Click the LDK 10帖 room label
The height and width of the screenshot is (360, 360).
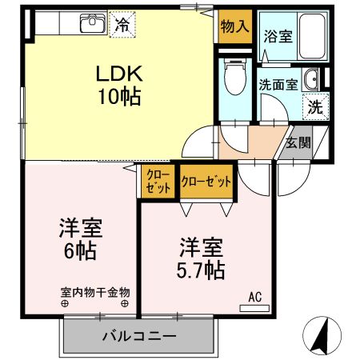120,86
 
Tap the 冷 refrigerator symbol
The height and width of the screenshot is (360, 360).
122,24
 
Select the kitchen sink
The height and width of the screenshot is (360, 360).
92,23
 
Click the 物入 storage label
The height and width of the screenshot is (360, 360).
235,26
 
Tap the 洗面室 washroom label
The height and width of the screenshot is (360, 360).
277,82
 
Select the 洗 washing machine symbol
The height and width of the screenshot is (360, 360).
315,106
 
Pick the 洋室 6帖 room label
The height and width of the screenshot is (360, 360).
78,238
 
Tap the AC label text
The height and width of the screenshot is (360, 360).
254,297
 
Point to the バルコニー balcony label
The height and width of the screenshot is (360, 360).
138,336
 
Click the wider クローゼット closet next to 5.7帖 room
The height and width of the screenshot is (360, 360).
206,182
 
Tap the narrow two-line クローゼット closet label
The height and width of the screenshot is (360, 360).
159,182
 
